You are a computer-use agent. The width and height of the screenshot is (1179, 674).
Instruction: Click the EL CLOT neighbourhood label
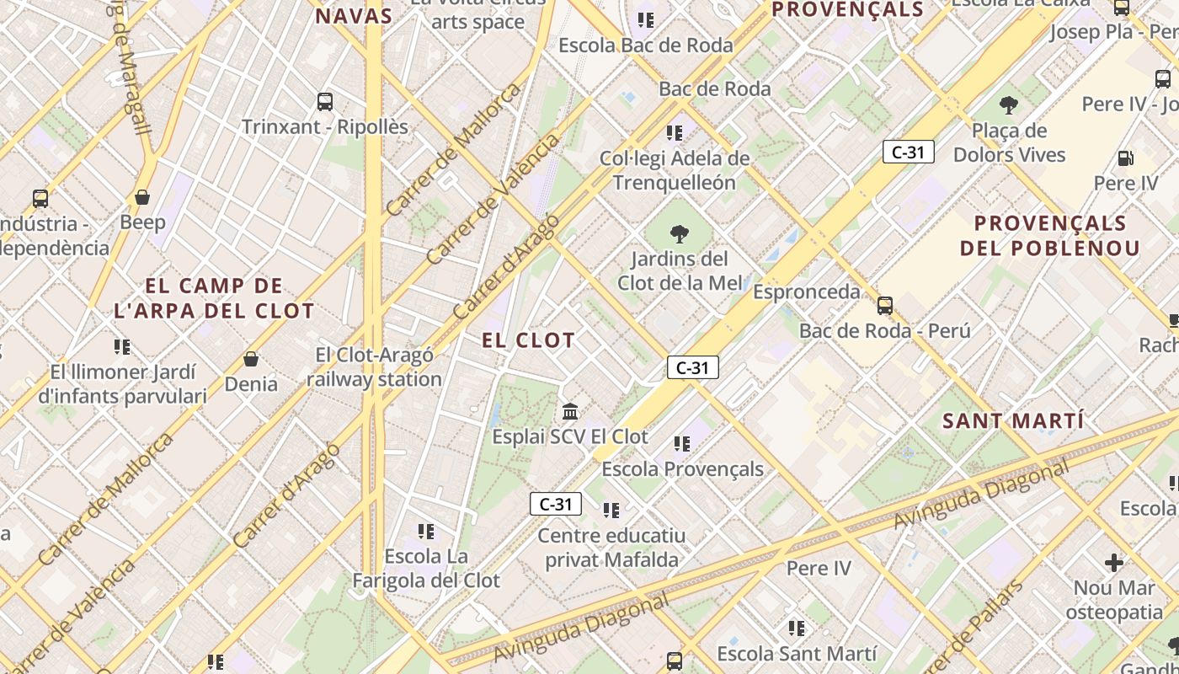point(528,340)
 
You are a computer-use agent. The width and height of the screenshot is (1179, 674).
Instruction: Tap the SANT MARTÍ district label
point(1012,420)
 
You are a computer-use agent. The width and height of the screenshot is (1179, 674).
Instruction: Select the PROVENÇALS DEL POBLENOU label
point(1049,236)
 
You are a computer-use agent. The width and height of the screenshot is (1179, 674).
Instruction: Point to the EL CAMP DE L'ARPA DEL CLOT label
point(214,298)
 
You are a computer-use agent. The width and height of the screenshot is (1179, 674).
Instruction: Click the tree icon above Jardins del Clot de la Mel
point(679,234)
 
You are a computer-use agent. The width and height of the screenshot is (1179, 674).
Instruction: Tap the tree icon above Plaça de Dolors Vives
point(1008,106)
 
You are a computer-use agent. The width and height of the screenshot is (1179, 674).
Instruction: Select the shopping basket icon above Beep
point(142,197)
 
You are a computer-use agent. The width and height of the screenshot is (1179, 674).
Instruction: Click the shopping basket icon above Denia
point(250,360)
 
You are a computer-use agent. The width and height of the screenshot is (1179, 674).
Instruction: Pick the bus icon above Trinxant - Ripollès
point(325,102)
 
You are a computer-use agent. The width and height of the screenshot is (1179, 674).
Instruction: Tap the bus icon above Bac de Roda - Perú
point(884,305)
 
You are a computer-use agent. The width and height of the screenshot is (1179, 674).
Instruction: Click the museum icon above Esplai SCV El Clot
point(570,412)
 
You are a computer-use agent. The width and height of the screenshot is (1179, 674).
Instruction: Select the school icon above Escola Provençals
point(682,443)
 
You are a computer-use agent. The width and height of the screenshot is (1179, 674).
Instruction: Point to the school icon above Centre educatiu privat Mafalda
point(611,510)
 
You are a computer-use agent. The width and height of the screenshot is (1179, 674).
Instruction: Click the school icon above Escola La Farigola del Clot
point(426,531)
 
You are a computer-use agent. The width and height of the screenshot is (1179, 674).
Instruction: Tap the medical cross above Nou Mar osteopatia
point(1114,562)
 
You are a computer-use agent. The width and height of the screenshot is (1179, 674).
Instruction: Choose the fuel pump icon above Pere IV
point(1125,158)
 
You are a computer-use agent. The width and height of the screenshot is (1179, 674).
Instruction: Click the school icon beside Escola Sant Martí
point(796,628)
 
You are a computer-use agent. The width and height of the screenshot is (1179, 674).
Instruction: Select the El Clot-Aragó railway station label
point(374,367)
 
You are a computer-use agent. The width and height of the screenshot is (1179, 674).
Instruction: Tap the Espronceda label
point(806,292)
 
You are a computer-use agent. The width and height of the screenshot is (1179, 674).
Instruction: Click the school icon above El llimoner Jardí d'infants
point(122,346)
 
